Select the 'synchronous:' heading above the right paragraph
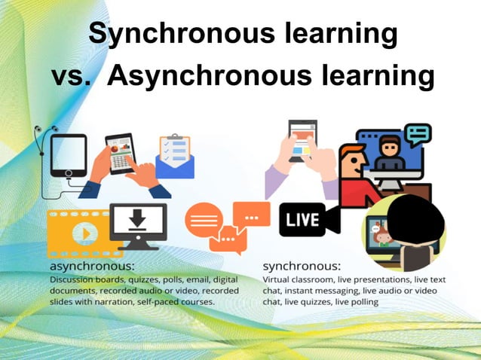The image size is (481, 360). tap(302, 267)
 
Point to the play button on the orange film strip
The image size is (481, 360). tap(85, 233)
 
